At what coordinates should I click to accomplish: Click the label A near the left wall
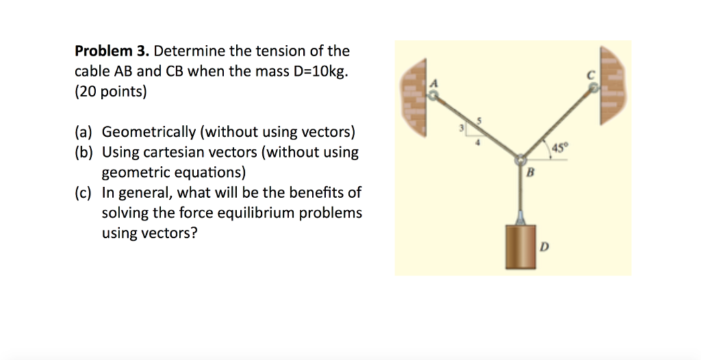point(433,83)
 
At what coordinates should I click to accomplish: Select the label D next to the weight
point(544,246)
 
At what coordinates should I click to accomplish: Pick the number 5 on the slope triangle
point(479,120)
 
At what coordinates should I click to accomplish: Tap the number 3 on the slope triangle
point(462,129)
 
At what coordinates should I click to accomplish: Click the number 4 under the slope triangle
point(477,142)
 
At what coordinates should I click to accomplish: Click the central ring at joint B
point(521,160)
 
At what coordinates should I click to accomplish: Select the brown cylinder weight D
point(520,246)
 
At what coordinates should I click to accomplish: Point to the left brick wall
point(413,97)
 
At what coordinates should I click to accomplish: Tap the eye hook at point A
point(433,96)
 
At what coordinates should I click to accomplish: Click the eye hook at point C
point(594,89)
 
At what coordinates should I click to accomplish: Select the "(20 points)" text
point(110,92)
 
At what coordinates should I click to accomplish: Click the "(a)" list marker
point(84,132)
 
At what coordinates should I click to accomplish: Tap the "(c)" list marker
point(83,193)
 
